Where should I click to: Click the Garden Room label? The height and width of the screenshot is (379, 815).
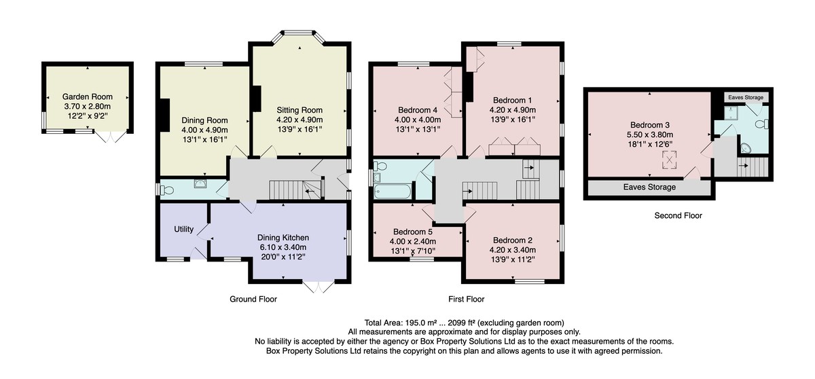tap(88, 96)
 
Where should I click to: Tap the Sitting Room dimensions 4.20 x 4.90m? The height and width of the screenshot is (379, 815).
tap(300, 120)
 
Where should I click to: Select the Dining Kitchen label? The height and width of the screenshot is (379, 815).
tap(283, 238)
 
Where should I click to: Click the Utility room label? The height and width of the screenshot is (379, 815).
tap(183, 229)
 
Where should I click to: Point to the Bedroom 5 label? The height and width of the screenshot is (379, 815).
tap(413, 232)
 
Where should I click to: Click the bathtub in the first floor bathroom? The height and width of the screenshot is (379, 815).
tap(393, 192)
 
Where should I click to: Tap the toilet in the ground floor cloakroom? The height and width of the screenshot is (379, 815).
tap(167, 190)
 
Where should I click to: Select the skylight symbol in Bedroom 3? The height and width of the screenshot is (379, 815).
tap(669, 160)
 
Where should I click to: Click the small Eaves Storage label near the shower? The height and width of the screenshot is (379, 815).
tap(746, 98)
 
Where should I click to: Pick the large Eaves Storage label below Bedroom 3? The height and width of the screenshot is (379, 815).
tap(649, 187)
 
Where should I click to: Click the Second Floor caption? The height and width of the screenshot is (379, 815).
tap(678, 215)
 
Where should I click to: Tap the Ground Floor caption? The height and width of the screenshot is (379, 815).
tap(253, 299)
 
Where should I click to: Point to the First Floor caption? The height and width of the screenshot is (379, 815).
tap(466, 299)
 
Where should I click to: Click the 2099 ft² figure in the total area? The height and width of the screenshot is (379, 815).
tap(461, 323)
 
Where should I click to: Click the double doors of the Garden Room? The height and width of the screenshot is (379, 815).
tap(111, 136)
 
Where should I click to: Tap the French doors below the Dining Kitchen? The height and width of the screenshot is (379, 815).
tap(319, 287)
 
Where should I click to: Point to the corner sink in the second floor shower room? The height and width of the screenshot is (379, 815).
tap(746, 148)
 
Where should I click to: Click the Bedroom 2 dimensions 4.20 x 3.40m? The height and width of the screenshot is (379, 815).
tap(512, 250)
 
